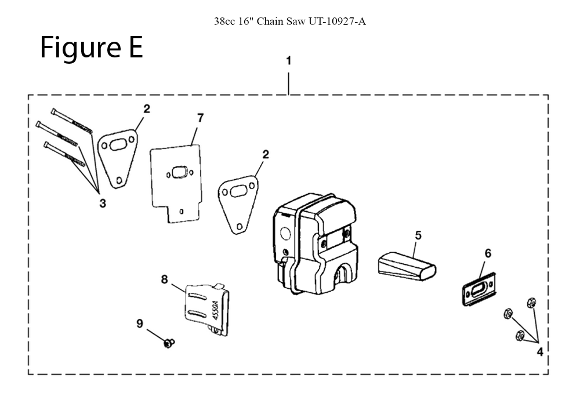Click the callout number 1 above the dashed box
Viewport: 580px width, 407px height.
(288, 60)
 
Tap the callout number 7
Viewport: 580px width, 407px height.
(200, 118)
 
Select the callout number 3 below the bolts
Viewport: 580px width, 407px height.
(103, 203)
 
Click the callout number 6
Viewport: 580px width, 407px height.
(488, 253)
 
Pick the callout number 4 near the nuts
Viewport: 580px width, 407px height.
(540, 351)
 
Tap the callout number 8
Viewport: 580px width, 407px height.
(164, 279)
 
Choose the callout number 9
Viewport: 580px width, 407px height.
(140, 324)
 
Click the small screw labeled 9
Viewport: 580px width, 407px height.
(169, 343)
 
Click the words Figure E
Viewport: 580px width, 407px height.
(92, 48)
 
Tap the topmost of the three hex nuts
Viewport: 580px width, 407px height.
(530, 301)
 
